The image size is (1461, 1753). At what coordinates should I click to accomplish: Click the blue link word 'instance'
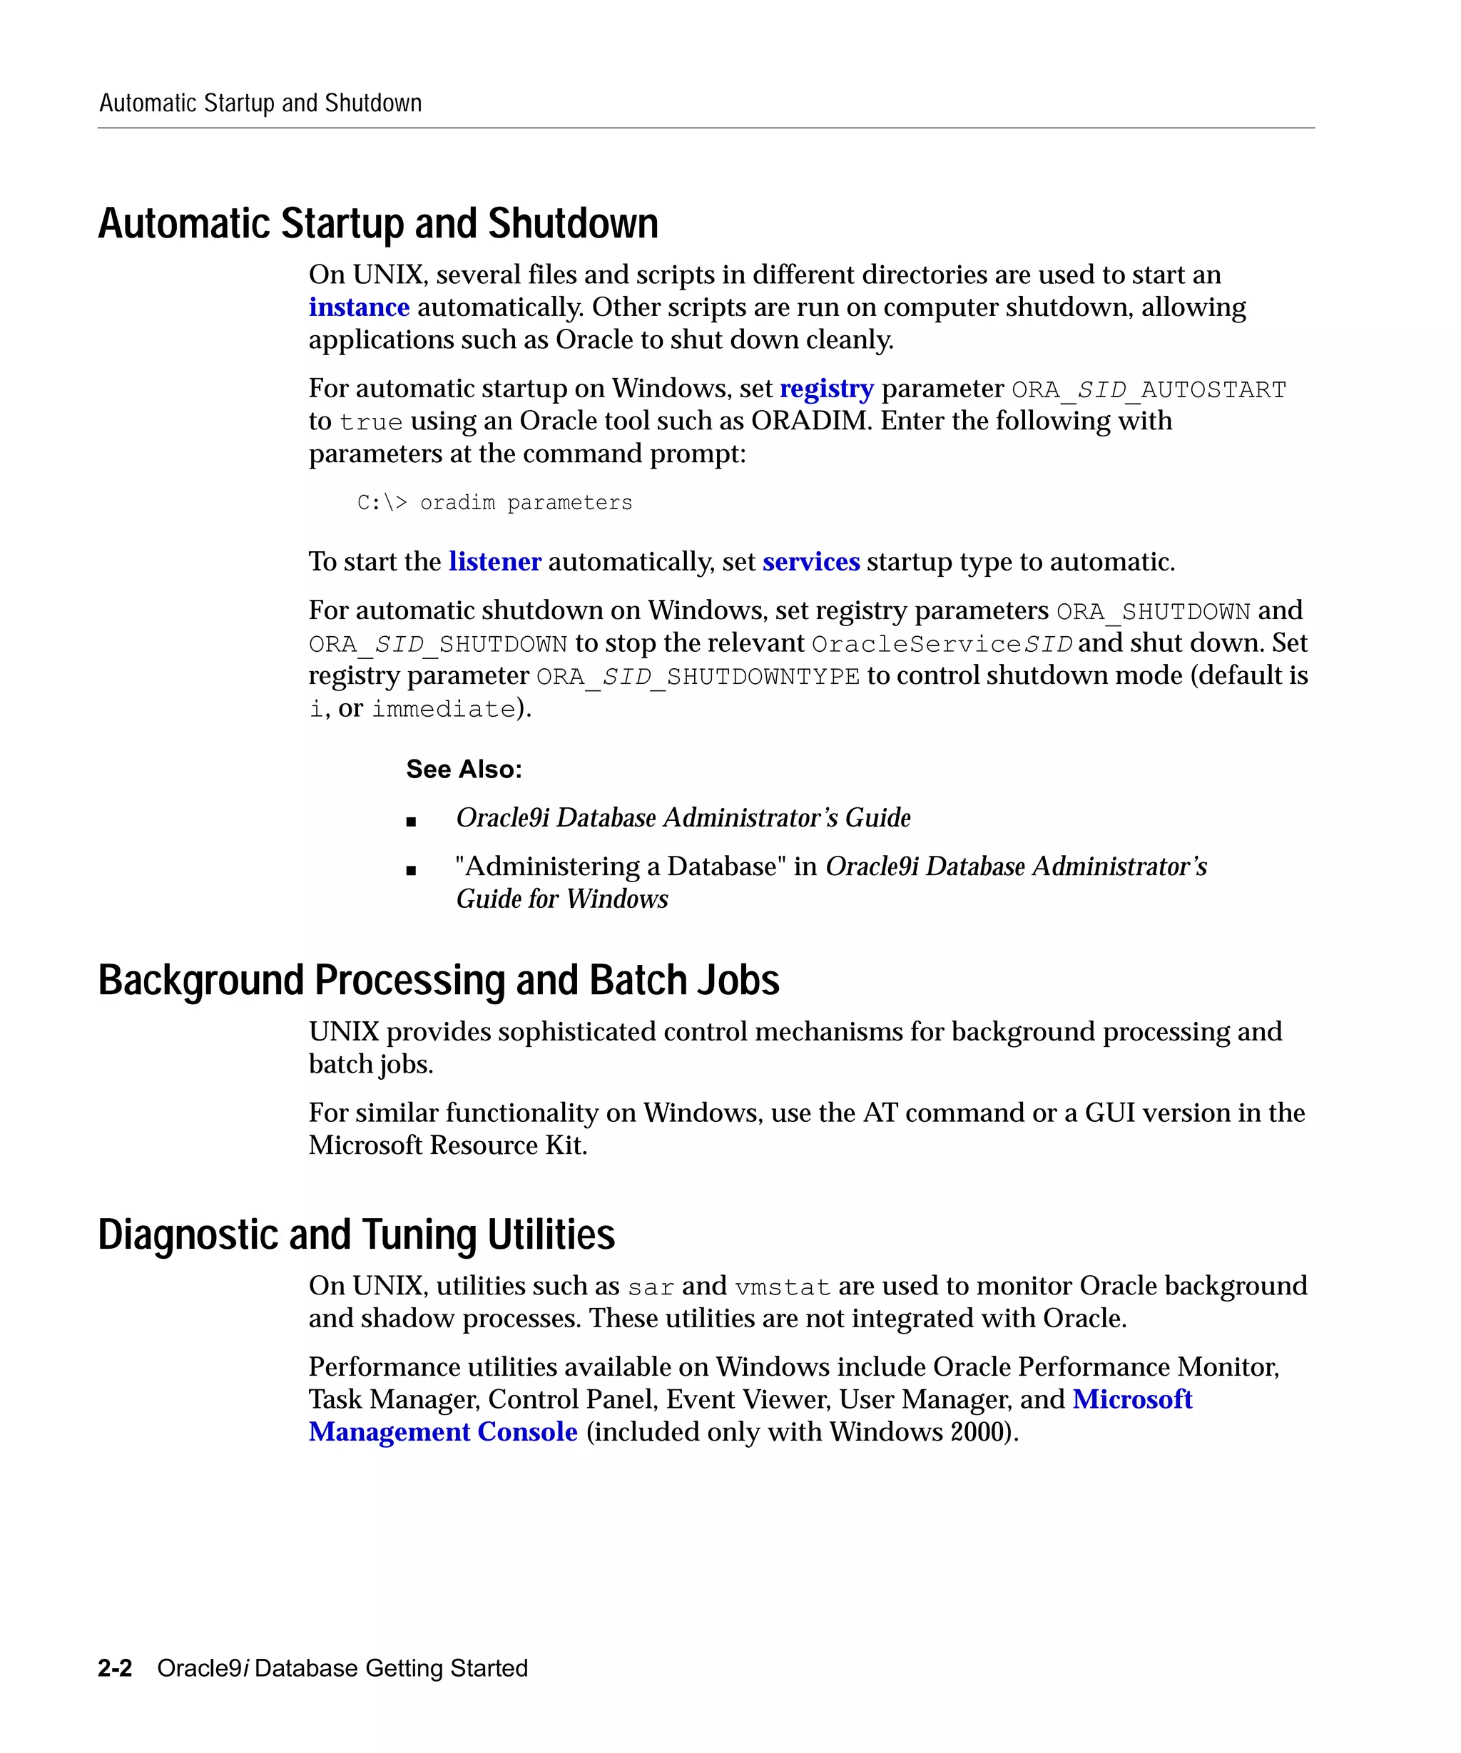(359, 307)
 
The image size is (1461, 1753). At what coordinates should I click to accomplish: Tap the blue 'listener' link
(494, 562)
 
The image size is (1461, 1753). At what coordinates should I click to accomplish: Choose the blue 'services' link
(810, 562)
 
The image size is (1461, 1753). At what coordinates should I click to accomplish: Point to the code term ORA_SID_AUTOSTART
(1148, 390)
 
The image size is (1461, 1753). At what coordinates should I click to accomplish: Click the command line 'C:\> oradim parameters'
(494, 503)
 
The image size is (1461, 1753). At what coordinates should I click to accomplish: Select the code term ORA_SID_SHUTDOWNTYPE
(697, 676)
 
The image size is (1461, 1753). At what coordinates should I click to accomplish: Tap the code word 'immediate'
(443, 709)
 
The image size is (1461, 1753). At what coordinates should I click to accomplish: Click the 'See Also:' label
(464, 769)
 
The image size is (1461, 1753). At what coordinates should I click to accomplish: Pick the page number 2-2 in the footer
(115, 1668)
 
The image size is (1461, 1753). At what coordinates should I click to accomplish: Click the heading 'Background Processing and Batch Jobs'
(438, 980)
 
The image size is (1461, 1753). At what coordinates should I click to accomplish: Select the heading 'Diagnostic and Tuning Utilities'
(356, 1235)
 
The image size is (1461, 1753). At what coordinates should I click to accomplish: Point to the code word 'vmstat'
(783, 1287)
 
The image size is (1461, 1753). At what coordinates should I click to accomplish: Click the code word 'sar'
(651, 1287)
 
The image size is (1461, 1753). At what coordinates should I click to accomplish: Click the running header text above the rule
(260, 103)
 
